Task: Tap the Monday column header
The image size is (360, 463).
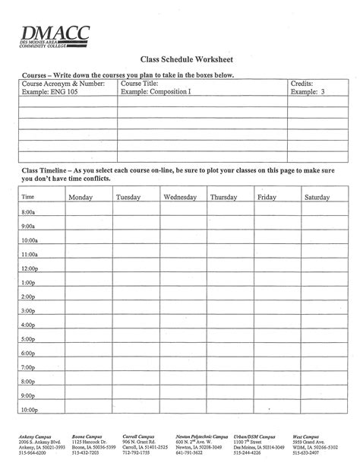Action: pos(81,198)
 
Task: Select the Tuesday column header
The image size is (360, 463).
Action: pos(128,198)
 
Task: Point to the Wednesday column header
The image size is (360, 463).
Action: pos(180,198)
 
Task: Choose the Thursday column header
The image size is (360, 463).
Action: pos(223,198)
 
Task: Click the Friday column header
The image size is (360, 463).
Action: pos(266,198)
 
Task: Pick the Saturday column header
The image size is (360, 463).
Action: pos(317,198)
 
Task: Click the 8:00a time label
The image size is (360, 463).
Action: pos(29,213)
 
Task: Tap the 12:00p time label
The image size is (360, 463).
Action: pos(30,269)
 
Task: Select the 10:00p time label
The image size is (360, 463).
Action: pos(30,410)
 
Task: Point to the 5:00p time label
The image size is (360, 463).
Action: pos(29,340)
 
